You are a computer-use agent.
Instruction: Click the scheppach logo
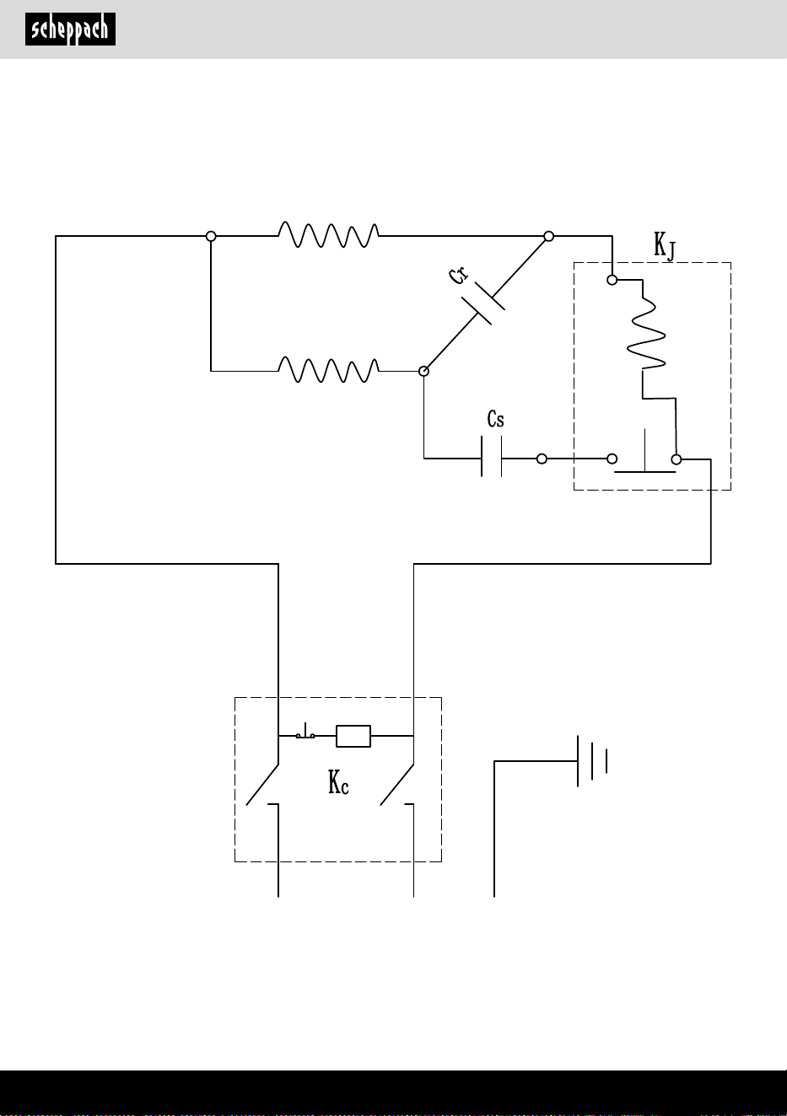(x=70, y=30)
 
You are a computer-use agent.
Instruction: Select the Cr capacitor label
(x=459, y=276)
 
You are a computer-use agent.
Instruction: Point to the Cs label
(x=495, y=419)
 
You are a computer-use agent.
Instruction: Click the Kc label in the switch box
(x=338, y=781)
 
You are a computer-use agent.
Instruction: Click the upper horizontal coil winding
(x=328, y=234)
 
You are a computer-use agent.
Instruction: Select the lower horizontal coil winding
(x=328, y=370)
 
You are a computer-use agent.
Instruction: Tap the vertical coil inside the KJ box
(x=646, y=333)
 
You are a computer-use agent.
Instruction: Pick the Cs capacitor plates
(x=491, y=456)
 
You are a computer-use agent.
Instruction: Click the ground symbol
(x=592, y=761)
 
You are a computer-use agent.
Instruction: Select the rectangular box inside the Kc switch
(x=353, y=736)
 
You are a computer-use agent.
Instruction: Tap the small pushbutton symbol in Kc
(x=305, y=732)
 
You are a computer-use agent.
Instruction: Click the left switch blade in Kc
(x=262, y=784)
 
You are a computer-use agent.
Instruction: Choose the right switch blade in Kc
(x=397, y=784)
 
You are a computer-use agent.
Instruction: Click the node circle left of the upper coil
(x=211, y=236)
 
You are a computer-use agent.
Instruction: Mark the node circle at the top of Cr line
(x=548, y=236)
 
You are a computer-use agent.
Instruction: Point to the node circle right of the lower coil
(x=423, y=371)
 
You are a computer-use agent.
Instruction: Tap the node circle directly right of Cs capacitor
(x=542, y=459)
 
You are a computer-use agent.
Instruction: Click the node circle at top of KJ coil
(x=612, y=280)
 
